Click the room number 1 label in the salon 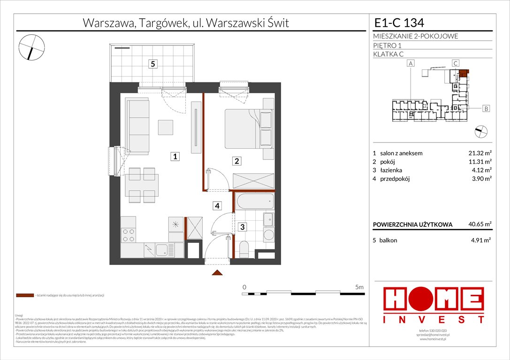point(175,157)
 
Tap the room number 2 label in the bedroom point(237,161)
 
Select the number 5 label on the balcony point(152,65)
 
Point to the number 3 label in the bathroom point(242,227)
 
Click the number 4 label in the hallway point(216,205)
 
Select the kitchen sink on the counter point(161,249)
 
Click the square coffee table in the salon point(166,127)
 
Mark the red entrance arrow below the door point(216,273)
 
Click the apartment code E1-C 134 point(400,22)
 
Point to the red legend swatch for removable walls point(24,296)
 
